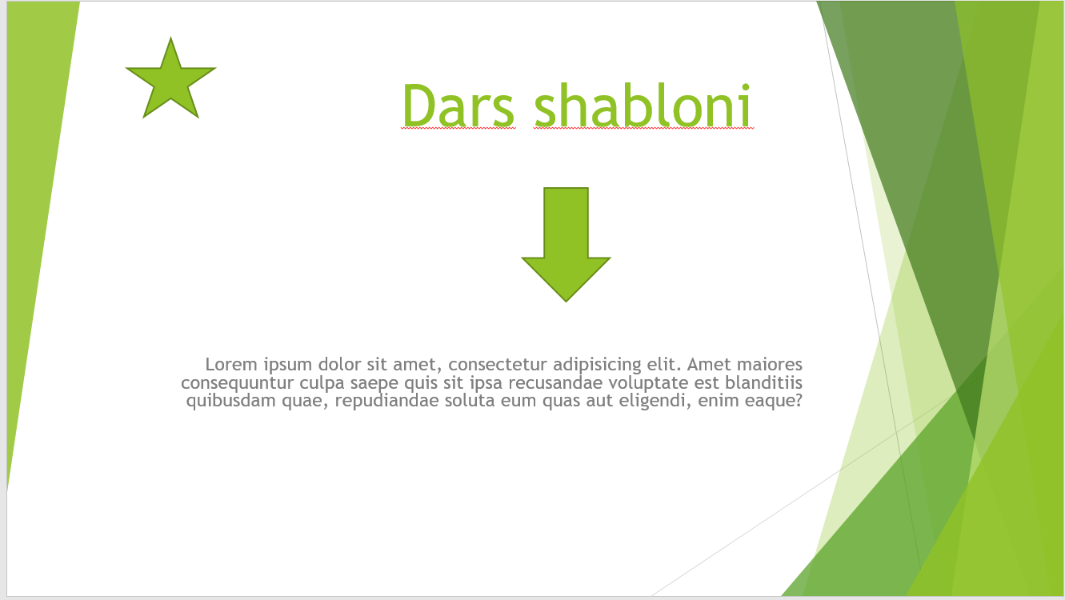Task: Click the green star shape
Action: point(170,81)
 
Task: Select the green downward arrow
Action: point(566,244)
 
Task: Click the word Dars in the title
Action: point(458,106)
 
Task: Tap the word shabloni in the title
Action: point(643,106)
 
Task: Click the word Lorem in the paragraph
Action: point(232,365)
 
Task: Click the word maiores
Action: point(770,365)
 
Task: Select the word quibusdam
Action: point(231,401)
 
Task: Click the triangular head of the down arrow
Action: point(566,278)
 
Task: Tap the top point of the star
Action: point(170,38)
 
